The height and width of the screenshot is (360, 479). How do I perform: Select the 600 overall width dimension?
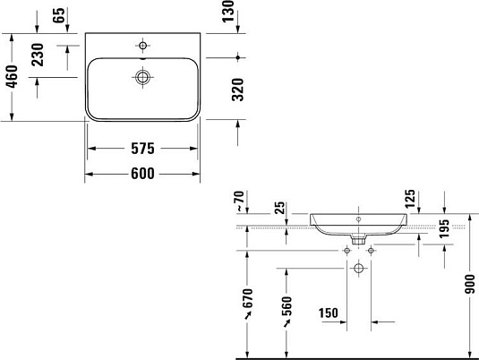pos(142,173)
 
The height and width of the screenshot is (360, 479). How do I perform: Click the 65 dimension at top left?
pos(59,15)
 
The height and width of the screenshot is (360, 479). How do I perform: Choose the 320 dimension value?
pos(237,90)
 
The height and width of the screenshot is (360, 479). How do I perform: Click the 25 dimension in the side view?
pos(281,210)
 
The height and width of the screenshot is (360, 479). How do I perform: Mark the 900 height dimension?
pos(469,286)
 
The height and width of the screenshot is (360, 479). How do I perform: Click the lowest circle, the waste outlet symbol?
pos(359,268)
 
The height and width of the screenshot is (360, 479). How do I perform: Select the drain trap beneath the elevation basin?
pos(358,239)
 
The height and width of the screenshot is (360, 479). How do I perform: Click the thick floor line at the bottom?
pos(358,356)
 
